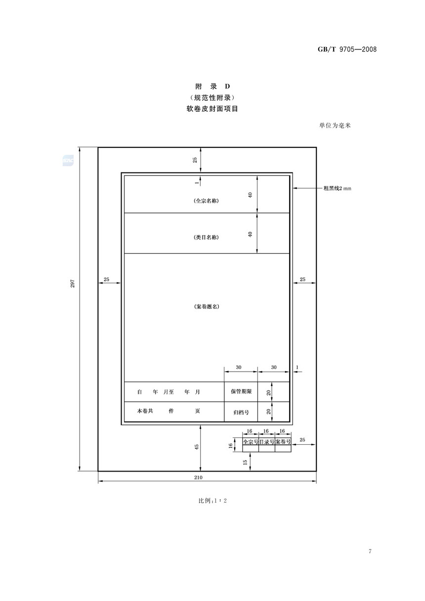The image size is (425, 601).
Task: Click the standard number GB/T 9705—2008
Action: pos(347,49)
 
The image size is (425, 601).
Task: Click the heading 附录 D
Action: pos(212,86)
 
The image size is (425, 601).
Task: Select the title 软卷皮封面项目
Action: pos(212,109)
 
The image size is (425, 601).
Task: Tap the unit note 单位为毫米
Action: pos(335,126)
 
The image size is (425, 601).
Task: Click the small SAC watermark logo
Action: pos(68,161)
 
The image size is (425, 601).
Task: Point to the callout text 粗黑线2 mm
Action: pos(337,188)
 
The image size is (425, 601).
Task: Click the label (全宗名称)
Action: pos(206,201)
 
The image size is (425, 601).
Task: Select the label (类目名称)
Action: pos(206,237)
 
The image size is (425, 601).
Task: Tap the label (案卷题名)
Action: pos(207,306)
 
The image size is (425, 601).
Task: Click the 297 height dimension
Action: pos(73,283)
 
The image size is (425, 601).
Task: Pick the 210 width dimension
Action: pos(198,477)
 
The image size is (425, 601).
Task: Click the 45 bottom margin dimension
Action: pos(196,447)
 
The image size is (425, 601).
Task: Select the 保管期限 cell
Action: pos(241,391)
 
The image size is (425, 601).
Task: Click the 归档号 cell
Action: pos(241,412)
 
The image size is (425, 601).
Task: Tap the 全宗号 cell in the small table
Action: pos(251,442)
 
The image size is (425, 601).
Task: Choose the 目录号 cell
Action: pos(267,442)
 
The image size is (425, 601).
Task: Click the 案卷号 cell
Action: pos(283,442)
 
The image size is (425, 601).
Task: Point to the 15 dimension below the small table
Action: pos(245,462)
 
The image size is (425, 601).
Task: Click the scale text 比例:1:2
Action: pos(212,500)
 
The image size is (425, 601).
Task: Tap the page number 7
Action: pos(370,551)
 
